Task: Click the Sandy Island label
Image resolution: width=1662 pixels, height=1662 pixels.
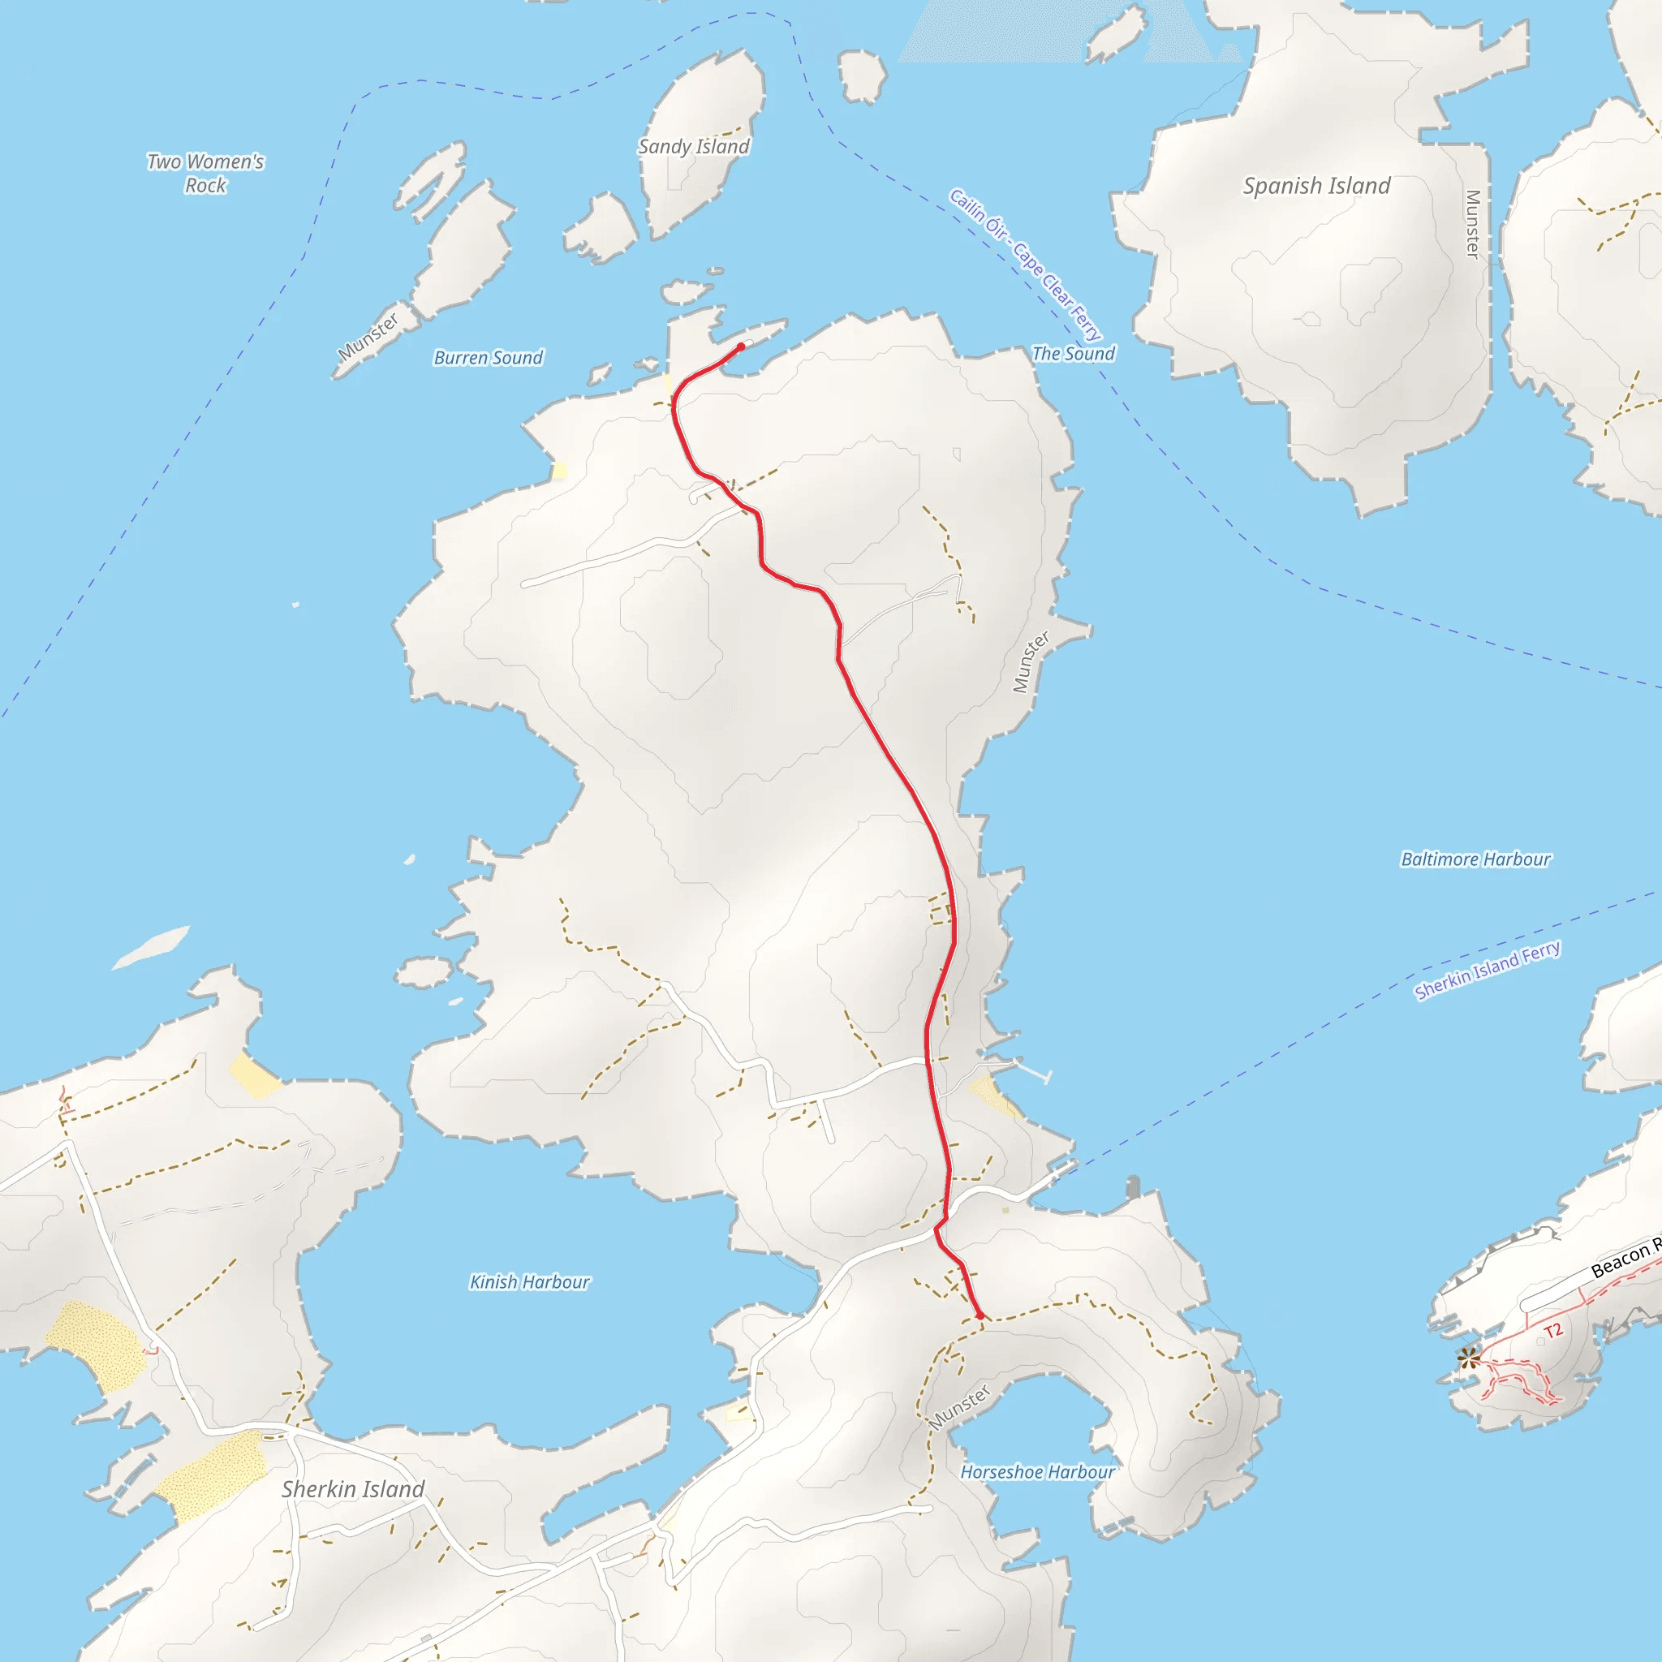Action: coord(693,146)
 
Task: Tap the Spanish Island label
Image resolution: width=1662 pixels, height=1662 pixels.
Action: coord(1316,186)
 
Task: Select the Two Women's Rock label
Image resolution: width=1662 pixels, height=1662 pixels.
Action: coord(205,173)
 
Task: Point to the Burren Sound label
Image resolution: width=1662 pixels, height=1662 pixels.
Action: coord(488,358)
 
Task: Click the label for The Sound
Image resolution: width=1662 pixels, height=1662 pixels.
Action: coord(1073,354)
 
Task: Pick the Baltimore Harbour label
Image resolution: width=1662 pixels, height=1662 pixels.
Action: coord(1475,859)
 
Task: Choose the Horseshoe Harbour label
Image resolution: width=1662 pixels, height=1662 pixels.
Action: coord(1037,1473)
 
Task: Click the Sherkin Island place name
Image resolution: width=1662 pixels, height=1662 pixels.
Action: coord(353,1490)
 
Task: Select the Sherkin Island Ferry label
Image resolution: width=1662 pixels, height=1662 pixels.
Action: coord(1488,971)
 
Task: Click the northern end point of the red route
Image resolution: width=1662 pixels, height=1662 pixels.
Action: coord(741,347)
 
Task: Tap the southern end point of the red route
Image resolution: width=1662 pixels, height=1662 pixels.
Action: coord(980,1316)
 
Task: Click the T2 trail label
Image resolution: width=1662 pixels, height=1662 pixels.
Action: coord(1552,1332)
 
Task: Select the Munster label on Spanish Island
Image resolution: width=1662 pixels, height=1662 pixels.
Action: coord(1472,224)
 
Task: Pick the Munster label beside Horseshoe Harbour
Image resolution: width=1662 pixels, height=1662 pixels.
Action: coord(960,1407)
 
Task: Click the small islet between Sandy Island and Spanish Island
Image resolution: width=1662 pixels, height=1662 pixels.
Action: coord(862,75)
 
